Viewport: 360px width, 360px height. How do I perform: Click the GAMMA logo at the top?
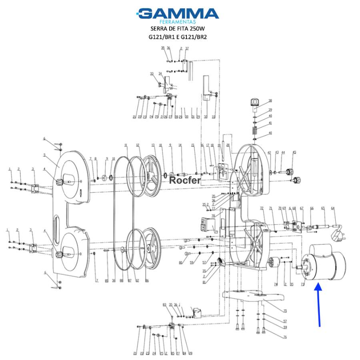[178, 13]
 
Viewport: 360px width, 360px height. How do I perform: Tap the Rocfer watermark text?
[185, 180]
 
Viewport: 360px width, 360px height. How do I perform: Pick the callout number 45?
[294, 152]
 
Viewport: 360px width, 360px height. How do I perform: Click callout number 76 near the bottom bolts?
[274, 338]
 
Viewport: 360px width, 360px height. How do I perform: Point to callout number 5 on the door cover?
[44, 155]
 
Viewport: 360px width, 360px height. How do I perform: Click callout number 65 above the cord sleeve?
[322, 208]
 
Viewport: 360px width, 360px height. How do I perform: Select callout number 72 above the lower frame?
[262, 208]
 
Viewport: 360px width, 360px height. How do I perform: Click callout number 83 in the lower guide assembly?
[164, 305]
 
